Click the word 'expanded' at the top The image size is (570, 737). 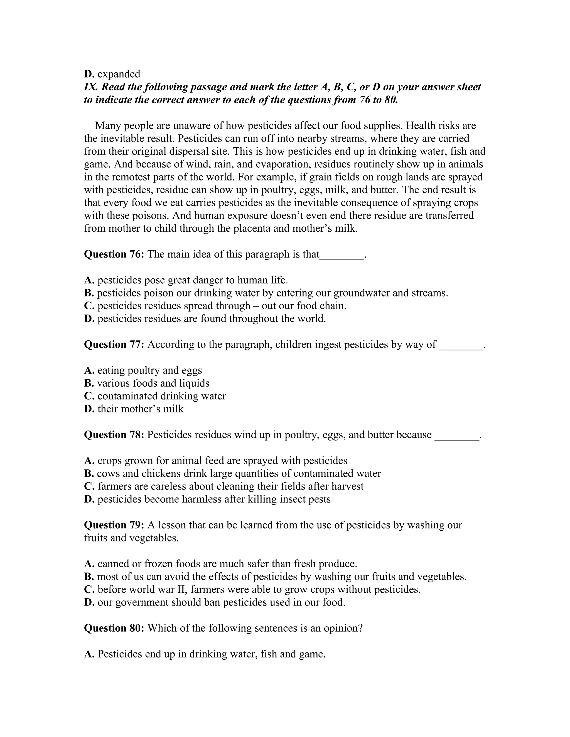119,74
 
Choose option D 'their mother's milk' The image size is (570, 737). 140,409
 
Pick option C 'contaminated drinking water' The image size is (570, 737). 161,396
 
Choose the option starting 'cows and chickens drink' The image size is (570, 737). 239,473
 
